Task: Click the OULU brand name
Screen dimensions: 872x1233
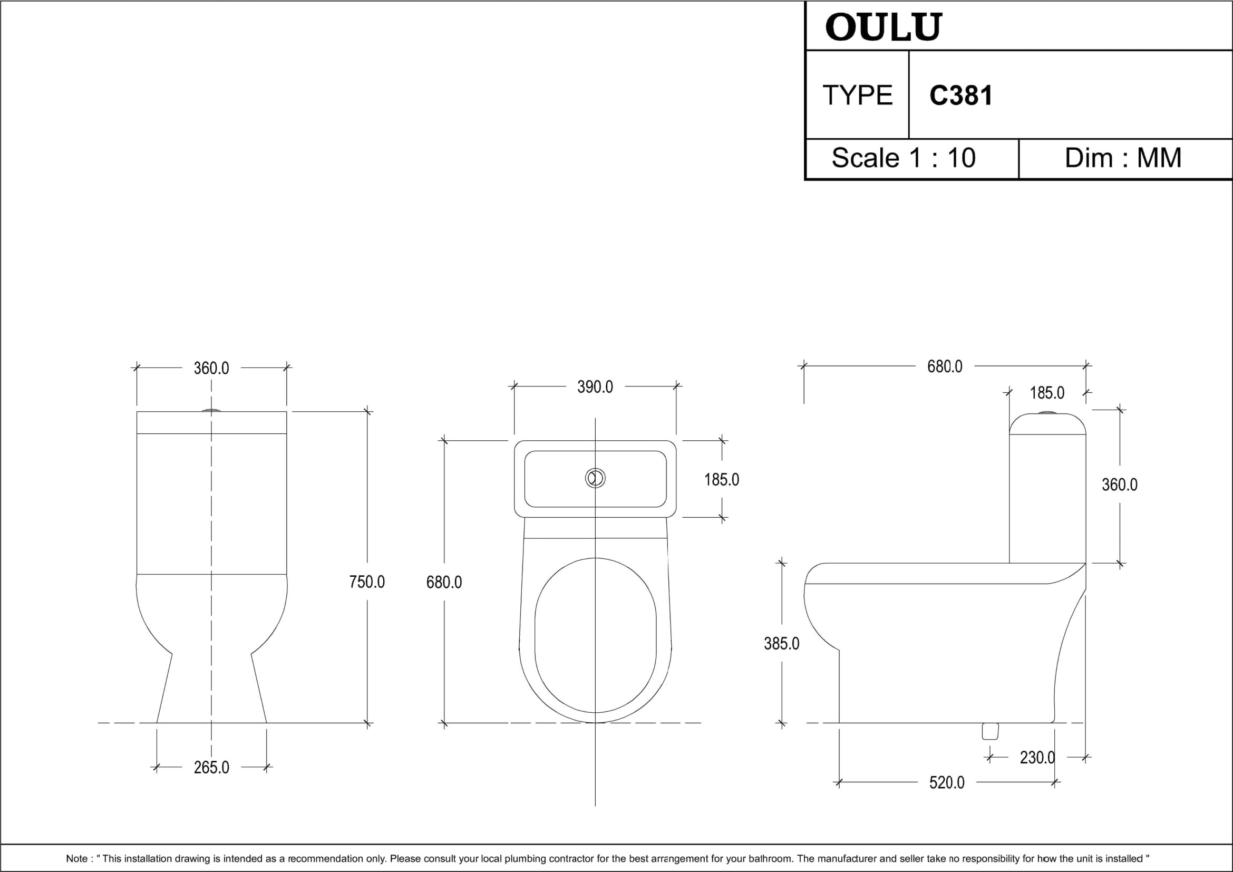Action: (884, 27)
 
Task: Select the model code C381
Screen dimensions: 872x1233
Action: (961, 95)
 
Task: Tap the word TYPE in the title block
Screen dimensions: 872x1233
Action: (857, 95)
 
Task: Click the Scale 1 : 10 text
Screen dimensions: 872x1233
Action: (904, 158)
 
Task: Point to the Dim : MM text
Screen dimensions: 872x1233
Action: (1123, 158)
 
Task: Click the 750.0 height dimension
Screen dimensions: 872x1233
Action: (367, 582)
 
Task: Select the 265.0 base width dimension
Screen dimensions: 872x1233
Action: (211, 768)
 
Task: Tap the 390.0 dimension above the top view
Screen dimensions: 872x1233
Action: (595, 387)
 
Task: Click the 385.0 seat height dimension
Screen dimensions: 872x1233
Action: (781, 643)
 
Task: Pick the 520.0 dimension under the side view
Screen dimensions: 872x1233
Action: (947, 783)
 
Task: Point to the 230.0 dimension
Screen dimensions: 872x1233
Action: (1037, 758)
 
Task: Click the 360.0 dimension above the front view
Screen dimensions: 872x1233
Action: (211, 369)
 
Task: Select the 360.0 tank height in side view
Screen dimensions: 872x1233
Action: (1120, 485)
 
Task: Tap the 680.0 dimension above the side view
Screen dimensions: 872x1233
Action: (945, 367)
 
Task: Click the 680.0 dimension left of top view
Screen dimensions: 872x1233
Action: (443, 582)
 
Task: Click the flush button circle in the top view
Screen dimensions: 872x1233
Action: (595, 478)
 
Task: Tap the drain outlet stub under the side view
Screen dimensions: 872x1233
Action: (991, 731)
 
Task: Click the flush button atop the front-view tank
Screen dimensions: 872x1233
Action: (211, 411)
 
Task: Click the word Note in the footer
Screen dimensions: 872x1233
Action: (76, 859)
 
